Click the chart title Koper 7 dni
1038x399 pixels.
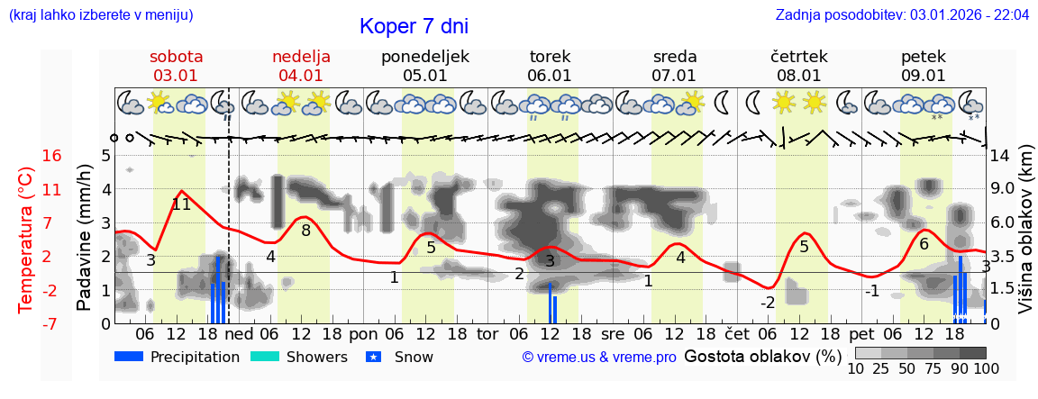414,26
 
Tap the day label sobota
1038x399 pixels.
176,57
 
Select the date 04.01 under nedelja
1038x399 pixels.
301,76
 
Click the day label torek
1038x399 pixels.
550,57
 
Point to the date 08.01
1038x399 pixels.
798,76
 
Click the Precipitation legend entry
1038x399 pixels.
178,357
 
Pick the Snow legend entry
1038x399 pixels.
400,357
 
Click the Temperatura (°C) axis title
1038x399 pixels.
27,240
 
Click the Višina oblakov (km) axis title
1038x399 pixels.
1025,240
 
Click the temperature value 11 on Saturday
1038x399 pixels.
181,204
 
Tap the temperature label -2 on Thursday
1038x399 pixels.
767,302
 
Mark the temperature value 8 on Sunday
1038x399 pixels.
305,231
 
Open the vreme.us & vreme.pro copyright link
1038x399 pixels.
599,357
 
